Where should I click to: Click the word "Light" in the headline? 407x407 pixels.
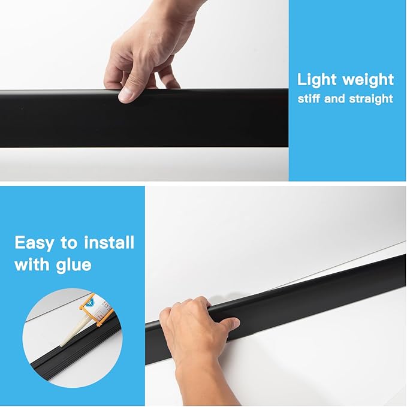[x=318, y=80]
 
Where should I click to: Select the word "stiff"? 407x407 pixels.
[x=309, y=99]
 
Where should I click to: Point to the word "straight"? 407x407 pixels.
[x=371, y=99]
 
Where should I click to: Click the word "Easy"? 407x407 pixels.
[x=35, y=243]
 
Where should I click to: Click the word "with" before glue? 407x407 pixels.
[x=31, y=264]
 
